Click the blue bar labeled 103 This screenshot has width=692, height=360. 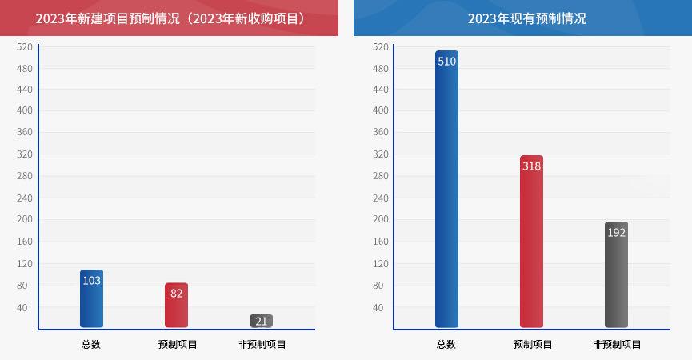(x=91, y=298)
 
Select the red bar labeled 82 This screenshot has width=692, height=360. (x=176, y=305)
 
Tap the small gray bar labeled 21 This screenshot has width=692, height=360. (x=261, y=321)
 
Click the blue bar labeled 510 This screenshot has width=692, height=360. (x=446, y=189)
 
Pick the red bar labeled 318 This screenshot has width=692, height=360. (x=531, y=241)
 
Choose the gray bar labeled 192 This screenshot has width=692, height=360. (x=616, y=274)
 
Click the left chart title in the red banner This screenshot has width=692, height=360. (x=170, y=18)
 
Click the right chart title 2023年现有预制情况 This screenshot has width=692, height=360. (x=526, y=18)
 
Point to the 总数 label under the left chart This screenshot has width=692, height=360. (x=91, y=345)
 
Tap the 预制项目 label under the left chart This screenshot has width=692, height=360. (x=177, y=345)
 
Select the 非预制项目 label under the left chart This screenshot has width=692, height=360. (x=262, y=345)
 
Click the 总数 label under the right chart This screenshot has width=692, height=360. (x=446, y=345)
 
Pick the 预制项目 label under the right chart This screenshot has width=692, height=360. (x=532, y=345)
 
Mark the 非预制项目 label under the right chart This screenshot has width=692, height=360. (x=617, y=345)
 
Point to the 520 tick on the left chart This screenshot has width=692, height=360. (x=25, y=47)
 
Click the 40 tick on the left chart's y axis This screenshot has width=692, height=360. (x=22, y=307)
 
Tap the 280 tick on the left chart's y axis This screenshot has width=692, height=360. (x=25, y=176)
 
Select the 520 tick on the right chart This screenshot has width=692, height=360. (x=380, y=47)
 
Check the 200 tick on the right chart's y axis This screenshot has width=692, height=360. (x=380, y=219)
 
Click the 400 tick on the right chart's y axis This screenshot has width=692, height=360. (x=380, y=110)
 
